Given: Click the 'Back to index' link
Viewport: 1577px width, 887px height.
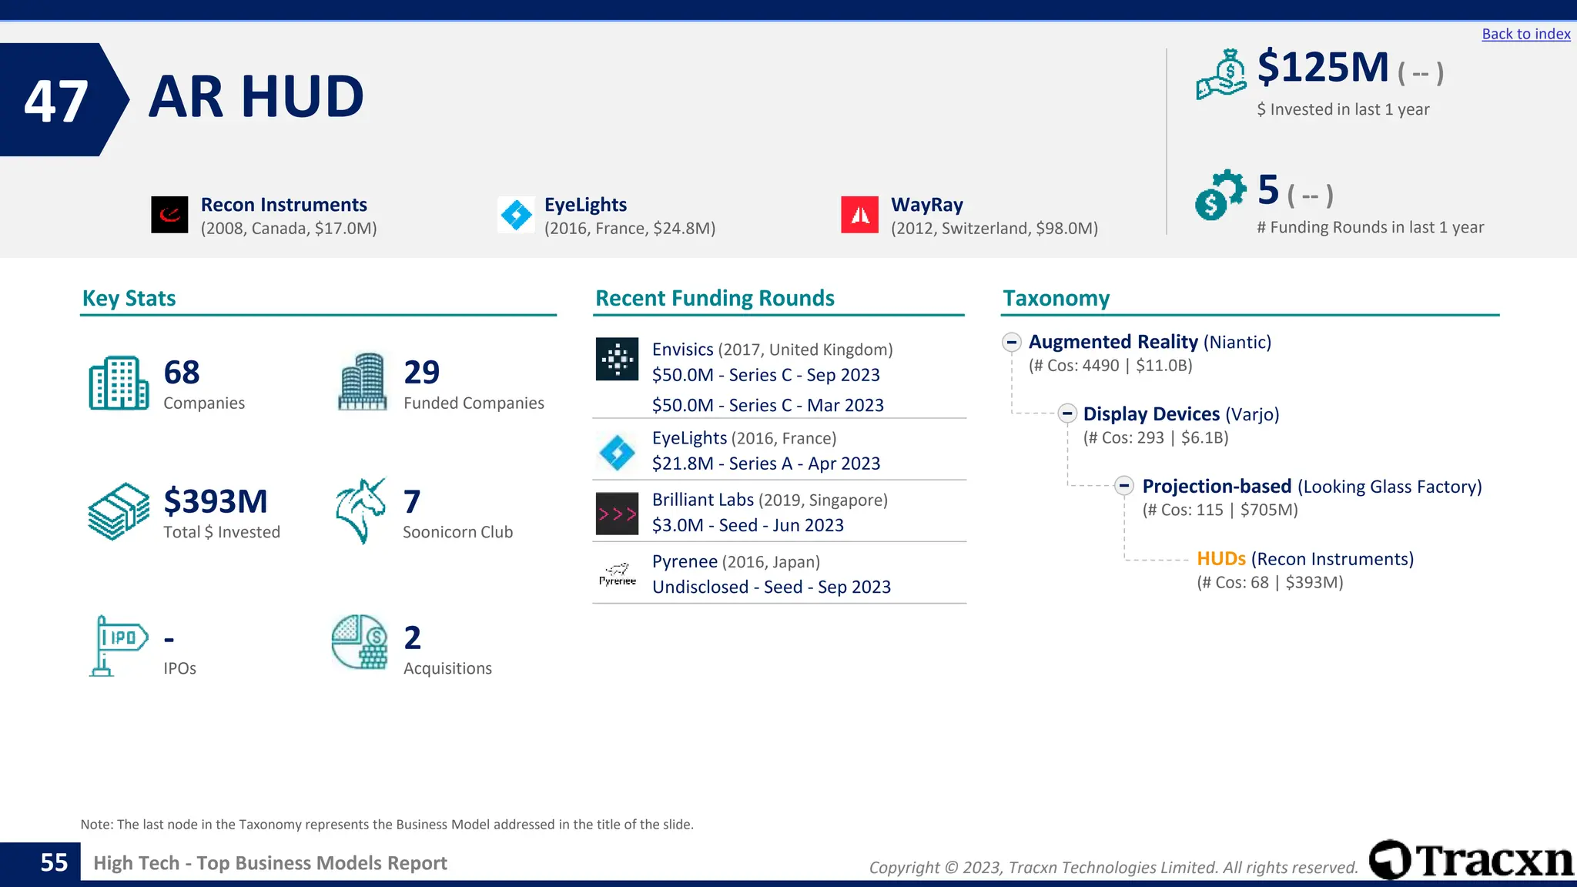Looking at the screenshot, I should tap(1525, 34).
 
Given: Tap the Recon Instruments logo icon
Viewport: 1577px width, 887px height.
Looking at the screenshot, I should tap(169, 215).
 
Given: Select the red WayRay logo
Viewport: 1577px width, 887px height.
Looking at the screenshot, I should tap(859, 215).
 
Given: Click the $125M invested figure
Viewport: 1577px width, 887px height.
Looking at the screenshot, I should tap(1322, 67).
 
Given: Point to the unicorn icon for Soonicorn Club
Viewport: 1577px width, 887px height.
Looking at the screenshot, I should tap(360, 510).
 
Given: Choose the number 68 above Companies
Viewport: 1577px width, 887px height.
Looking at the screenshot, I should tap(182, 373).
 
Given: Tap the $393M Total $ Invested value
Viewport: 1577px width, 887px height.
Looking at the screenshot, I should tap(216, 501).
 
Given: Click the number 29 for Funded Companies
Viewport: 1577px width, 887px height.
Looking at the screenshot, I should tap(422, 373).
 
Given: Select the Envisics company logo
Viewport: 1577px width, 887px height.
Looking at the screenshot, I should tap(617, 359).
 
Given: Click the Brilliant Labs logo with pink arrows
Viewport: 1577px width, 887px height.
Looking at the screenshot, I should tap(617, 514).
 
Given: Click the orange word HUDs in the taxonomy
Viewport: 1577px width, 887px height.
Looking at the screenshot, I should tap(1220, 559).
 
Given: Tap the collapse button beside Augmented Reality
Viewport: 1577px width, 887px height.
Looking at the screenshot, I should tap(1012, 342).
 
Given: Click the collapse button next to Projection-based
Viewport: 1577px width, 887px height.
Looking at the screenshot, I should tap(1124, 486).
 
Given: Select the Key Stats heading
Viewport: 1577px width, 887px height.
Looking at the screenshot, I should tap(129, 298).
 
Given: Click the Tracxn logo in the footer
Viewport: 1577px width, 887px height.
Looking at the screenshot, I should tap(1472, 860).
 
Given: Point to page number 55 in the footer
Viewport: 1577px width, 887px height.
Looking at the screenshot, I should tap(54, 862).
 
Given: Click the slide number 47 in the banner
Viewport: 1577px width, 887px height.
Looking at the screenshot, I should tap(55, 101).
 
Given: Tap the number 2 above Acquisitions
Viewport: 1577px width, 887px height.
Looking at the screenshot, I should tap(413, 638).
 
